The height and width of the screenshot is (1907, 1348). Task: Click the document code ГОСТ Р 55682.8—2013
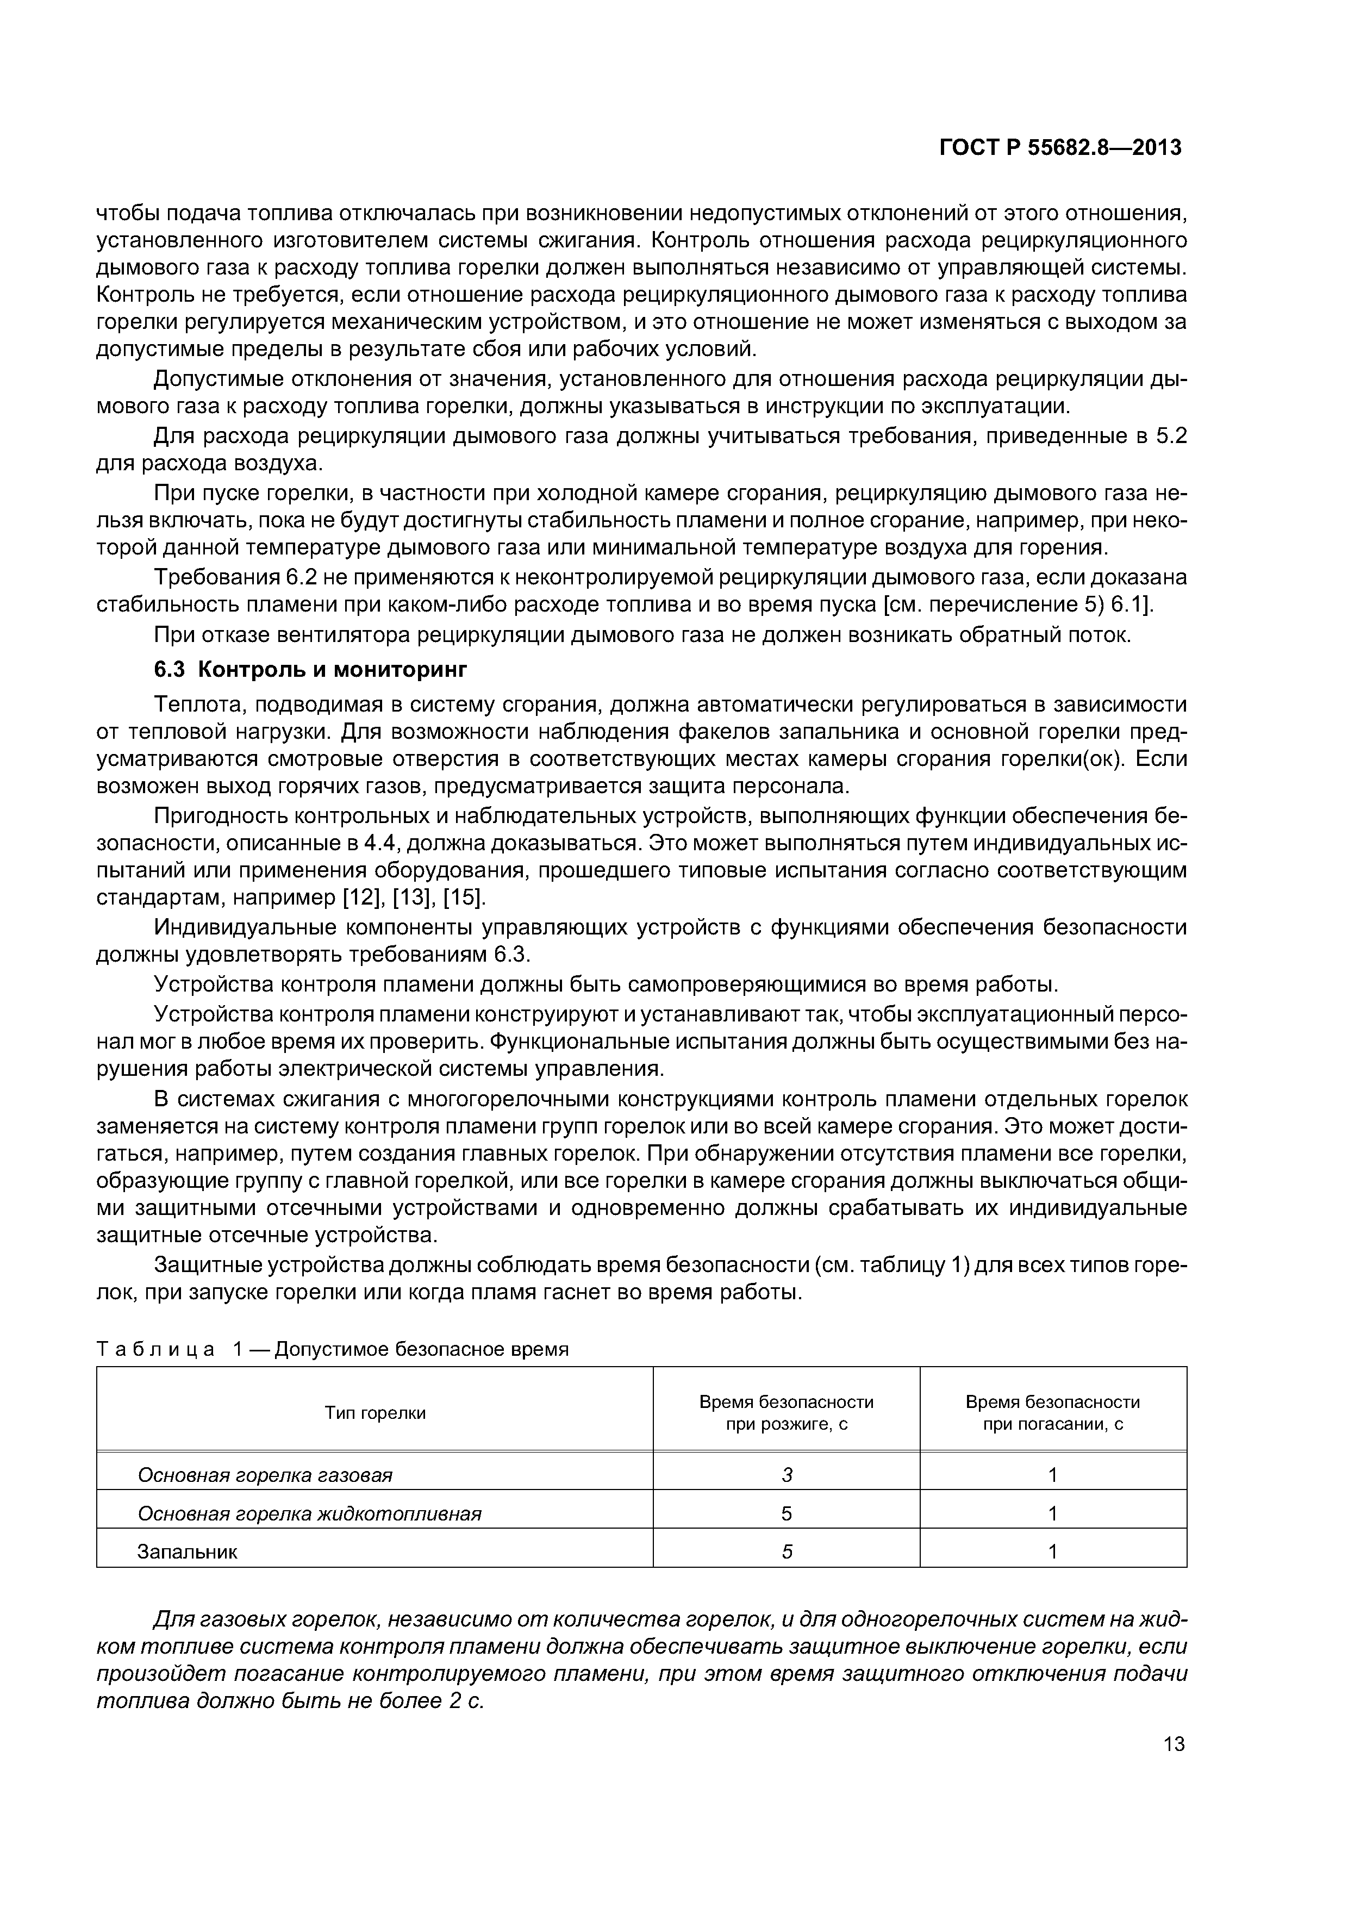[x=1060, y=148]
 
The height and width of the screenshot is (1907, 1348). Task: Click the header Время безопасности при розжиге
[x=786, y=1413]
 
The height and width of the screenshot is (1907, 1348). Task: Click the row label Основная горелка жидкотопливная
[x=309, y=1513]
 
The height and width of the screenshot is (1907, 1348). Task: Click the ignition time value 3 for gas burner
[x=787, y=1475]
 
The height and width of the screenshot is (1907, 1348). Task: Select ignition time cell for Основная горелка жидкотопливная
[x=787, y=1513]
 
